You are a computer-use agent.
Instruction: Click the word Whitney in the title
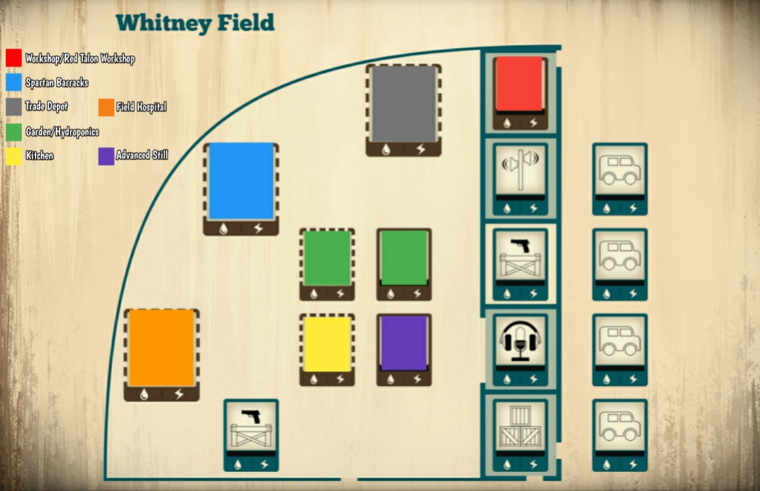[163, 23]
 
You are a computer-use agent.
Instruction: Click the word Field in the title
[246, 23]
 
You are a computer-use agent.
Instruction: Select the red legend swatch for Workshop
[14, 58]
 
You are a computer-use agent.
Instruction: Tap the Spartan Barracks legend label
[57, 83]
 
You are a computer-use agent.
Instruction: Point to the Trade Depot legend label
[46, 106]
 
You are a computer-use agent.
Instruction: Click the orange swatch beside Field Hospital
[106, 107]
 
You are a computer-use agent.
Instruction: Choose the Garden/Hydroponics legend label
[62, 132]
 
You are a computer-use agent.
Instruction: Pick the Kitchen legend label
[40, 156]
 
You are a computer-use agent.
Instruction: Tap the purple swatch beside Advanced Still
[106, 156]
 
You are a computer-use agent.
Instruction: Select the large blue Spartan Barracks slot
[241, 181]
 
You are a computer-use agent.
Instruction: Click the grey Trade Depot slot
[404, 103]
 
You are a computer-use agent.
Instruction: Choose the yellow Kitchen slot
[327, 344]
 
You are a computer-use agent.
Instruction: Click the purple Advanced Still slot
[404, 343]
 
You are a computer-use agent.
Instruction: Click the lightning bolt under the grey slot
[421, 148]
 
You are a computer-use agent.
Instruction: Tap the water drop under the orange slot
[144, 394]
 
